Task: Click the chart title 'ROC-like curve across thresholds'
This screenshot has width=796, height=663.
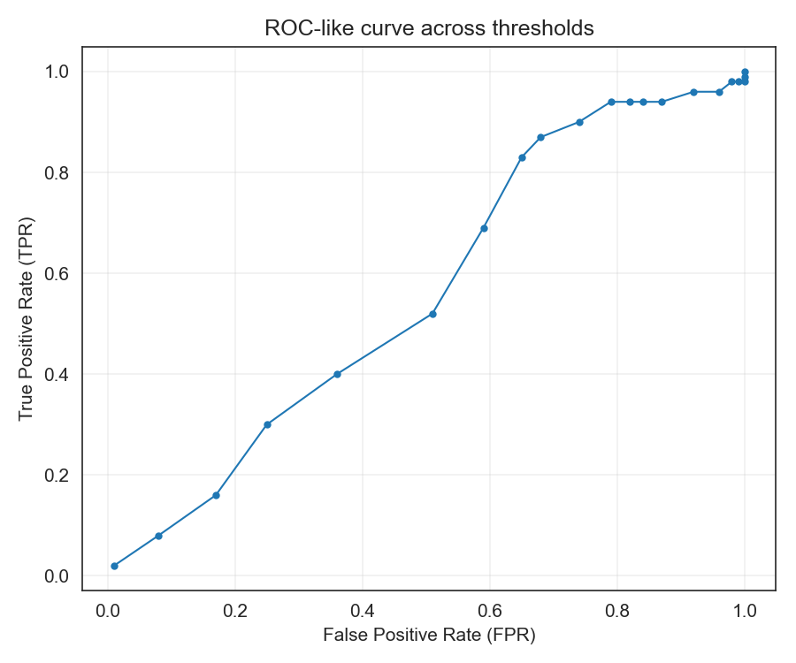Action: click(x=429, y=28)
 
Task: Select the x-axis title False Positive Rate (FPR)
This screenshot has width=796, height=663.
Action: click(x=429, y=635)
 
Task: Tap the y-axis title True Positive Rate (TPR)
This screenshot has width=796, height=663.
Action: click(x=27, y=317)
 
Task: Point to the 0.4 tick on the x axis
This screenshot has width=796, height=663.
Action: click(x=363, y=610)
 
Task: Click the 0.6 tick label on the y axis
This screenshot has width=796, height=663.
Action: click(x=57, y=273)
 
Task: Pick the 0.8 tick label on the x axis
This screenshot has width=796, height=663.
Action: click(x=617, y=610)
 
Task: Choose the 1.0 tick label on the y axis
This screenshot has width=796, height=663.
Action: click(x=57, y=72)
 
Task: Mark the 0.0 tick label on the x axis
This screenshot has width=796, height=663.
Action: click(x=108, y=610)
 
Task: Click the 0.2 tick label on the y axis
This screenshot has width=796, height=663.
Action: click(x=57, y=475)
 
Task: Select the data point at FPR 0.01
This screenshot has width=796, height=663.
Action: click(x=114, y=566)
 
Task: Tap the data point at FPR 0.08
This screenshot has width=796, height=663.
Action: click(x=158, y=536)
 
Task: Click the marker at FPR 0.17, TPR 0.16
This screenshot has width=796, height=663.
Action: click(x=216, y=495)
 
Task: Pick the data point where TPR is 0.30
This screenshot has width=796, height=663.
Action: click(x=267, y=424)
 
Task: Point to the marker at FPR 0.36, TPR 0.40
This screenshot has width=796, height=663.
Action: click(x=337, y=374)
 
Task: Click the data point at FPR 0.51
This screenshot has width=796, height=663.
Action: click(x=432, y=314)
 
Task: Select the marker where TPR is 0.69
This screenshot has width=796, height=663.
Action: click(x=484, y=228)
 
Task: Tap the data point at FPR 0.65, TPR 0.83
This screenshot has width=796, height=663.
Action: click(x=522, y=157)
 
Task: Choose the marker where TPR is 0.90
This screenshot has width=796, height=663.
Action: click(x=579, y=122)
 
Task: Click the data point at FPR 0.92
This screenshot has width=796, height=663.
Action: click(x=693, y=92)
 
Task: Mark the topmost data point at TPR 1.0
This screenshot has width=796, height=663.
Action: click(x=745, y=72)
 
